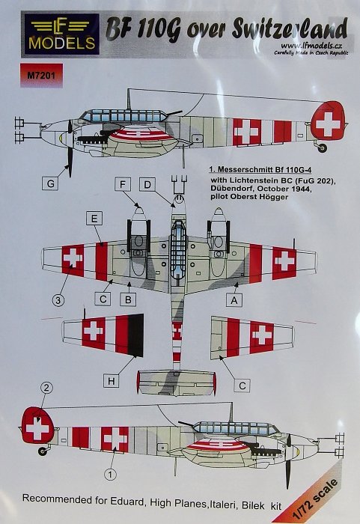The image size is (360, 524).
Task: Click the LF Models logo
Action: pyautogui.click(x=61, y=34)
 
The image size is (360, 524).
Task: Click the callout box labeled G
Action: pyautogui.click(x=51, y=184)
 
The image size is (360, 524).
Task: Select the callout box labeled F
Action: pyautogui.click(x=123, y=185)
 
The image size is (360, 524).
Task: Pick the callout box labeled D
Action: pyautogui.click(x=147, y=185)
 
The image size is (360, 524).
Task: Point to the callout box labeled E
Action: pyautogui.click(x=94, y=219)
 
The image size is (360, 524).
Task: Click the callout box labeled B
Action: pyautogui.click(x=128, y=299)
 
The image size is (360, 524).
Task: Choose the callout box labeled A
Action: pyautogui.click(x=234, y=300)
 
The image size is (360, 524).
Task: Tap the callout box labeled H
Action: pyautogui.click(x=112, y=381)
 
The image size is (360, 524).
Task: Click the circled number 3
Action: pyautogui.click(x=58, y=300)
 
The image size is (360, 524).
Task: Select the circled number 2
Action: pyautogui.click(x=46, y=388)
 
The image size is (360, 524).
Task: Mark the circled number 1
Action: pyautogui.click(x=111, y=474)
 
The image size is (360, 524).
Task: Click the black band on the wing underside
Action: pyautogui.click(x=135, y=335)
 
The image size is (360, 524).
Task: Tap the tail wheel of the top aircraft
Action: pyautogui.click(x=323, y=147)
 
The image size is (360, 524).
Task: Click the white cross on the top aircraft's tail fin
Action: pyautogui.click(x=328, y=124)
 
